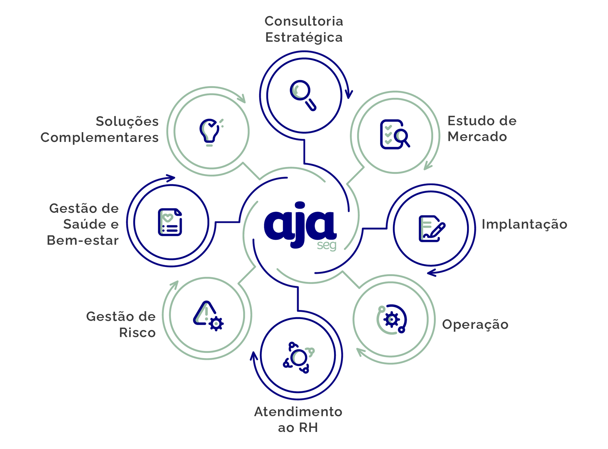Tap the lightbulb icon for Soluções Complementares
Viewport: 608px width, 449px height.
pyautogui.click(x=210, y=132)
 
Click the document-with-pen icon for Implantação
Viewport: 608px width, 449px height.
pyautogui.click(x=432, y=229)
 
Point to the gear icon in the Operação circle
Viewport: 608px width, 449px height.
pyautogui.click(x=391, y=319)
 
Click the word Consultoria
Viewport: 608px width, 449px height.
pyautogui.click(x=304, y=21)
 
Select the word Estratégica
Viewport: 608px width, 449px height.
pyautogui.click(x=304, y=37)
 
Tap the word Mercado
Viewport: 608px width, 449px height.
pyautogui.click(x=477, y=137)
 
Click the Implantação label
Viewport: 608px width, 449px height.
pyautogui.click(x=524, y=224)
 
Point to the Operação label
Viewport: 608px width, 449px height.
pyautogui.click(x=475, y=325)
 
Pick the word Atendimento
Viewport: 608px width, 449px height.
pyautogui.click(x=298, y=412)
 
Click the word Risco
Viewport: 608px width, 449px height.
pyautogui.click(x=137, y=332)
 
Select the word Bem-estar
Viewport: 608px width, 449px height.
pyautogui.click(x=83, y=240)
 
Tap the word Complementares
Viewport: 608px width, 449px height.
pyautogui.click(x=99, y=138)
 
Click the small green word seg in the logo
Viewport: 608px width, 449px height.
pyautogui.click(x=326, y=246)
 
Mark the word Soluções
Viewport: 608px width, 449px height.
pyautogui.click(x=127, y=122)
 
